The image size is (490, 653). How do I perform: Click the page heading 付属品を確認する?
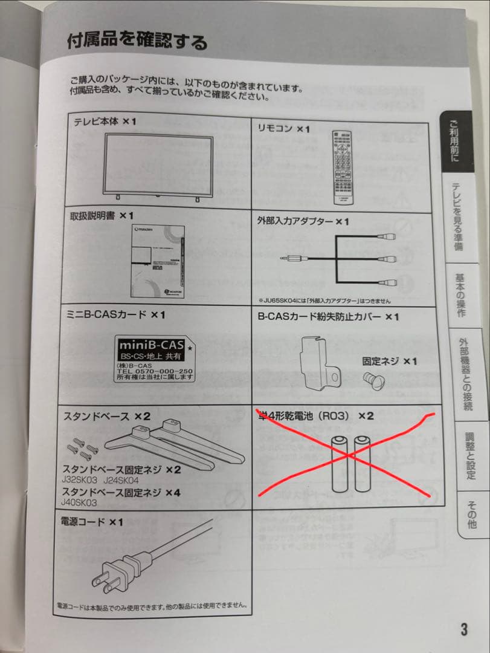[137, 42]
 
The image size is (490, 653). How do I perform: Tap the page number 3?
[463, 629]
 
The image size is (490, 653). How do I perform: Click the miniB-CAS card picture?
[154, 359]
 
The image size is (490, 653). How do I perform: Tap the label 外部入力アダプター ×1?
[303, 222]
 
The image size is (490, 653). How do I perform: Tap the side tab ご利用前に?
[454, 142]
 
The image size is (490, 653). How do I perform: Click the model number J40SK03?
[79, 502]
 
